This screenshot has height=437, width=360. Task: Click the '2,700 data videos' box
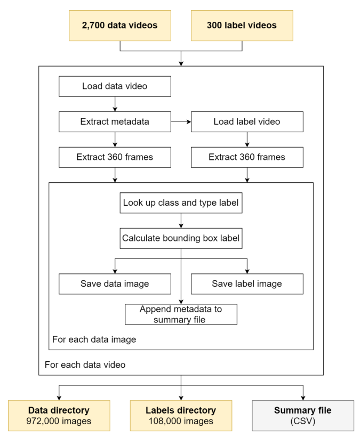[x=120, y=26]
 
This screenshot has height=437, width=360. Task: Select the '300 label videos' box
[x=242, y=26]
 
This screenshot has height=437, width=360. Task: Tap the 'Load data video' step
[x=115, y=86]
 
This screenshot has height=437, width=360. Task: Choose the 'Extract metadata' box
[x=115, y=122]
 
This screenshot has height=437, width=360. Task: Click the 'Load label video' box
[x=247, y=122]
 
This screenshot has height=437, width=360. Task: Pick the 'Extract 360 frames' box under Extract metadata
[x=115, y=157]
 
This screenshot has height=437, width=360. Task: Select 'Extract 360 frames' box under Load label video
[x=247, y=157]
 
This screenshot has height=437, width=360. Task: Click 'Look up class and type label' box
[x=181, y=203]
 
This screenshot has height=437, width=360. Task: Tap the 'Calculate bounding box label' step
[x=181, y=238]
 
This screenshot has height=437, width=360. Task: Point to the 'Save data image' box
[x=115, y=284]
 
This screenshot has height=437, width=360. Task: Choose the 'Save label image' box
[x=247, y=284]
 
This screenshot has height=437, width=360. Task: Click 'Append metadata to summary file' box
[x=181, y=314]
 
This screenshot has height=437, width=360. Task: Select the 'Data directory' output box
[x=59, y=416]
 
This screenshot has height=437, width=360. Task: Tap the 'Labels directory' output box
[x=181, y=416]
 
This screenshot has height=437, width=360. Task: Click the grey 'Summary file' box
[x=303, y=416]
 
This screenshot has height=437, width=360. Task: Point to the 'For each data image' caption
[x=94, y=339]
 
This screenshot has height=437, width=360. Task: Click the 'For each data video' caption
[x=85, y=365]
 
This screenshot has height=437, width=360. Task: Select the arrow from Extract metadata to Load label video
[x=181, y=122]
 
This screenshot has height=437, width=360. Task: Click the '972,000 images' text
[x=59, y=421]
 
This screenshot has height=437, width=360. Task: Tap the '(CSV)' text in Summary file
[x=303, y=421]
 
